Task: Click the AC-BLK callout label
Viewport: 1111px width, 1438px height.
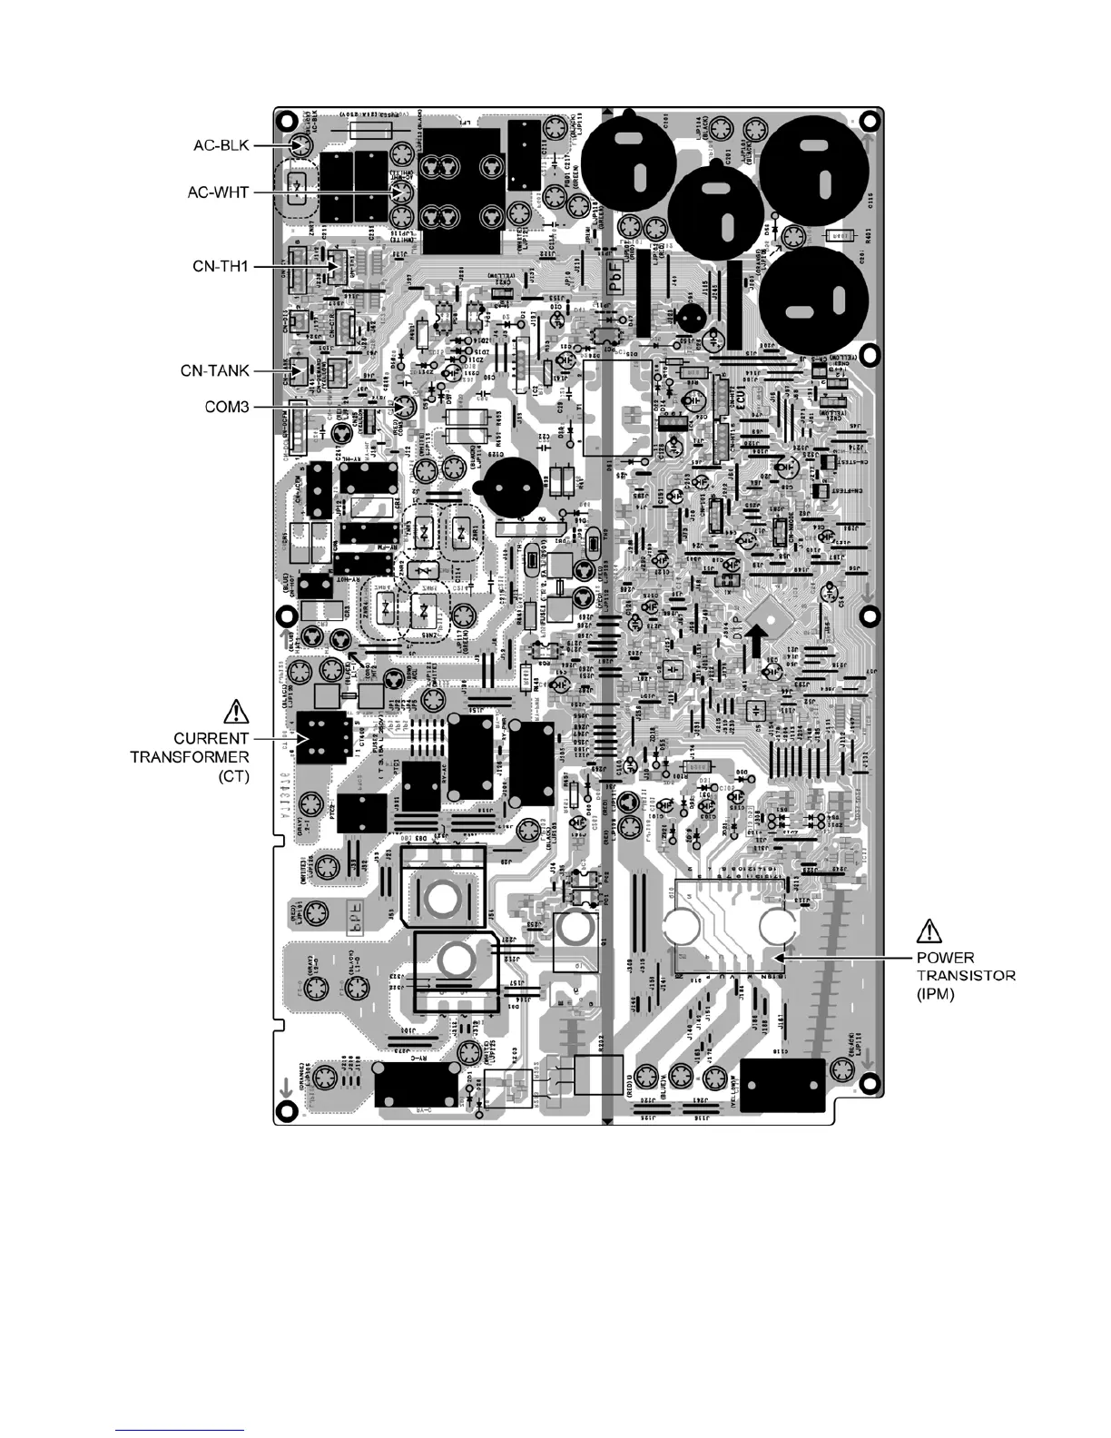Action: coord(220,144)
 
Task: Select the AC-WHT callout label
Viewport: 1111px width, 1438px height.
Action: coord(219,192)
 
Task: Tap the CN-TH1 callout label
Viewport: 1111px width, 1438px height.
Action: coord(219,266)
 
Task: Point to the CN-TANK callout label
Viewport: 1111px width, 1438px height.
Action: coord(214,370)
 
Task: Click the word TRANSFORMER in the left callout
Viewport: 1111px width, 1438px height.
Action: coord(189,756)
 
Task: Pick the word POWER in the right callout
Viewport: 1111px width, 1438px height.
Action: coord(945,958)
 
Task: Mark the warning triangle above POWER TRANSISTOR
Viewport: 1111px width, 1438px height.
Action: coord(930,930)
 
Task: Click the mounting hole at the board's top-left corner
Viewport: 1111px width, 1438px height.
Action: coord(287,120)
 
